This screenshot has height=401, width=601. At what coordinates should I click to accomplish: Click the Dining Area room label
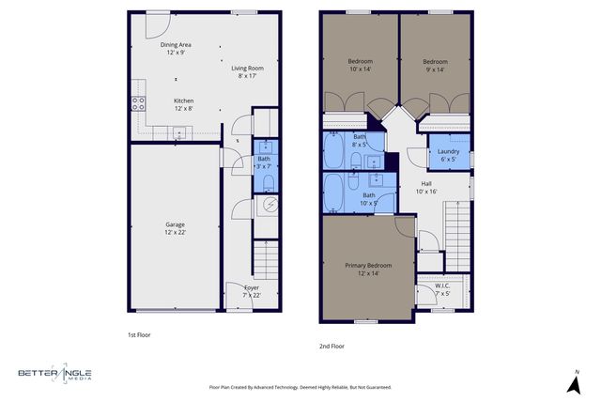click(x=177, y=49)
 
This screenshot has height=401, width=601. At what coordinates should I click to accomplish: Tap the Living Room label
click(x=248, y=72)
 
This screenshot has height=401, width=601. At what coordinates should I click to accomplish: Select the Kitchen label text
click(x=183, y=104)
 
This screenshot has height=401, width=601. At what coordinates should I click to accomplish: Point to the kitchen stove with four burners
click(x=137, y=104)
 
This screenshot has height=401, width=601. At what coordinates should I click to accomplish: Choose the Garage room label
click(x=175, y=228)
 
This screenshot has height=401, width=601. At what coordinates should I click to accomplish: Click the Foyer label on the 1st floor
click(x=252, y=290)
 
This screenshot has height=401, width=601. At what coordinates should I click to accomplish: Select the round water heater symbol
click(x=269, y=205)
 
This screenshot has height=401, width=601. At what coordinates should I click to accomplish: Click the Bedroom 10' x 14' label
click(x=361, y=65)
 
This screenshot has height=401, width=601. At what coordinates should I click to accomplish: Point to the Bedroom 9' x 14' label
click(x=435, y=65)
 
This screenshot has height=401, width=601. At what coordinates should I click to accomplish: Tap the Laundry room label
click(x=448, y=155)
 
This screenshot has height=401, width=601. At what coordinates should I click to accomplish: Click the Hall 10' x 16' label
click(x=426, y=187)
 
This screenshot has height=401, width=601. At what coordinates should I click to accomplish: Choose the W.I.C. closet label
click(x=441, y=289)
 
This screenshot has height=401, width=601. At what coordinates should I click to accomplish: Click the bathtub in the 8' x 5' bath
click(x=335, y=150)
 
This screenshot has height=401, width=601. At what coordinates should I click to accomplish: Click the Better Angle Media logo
click(x=56, y=374)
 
